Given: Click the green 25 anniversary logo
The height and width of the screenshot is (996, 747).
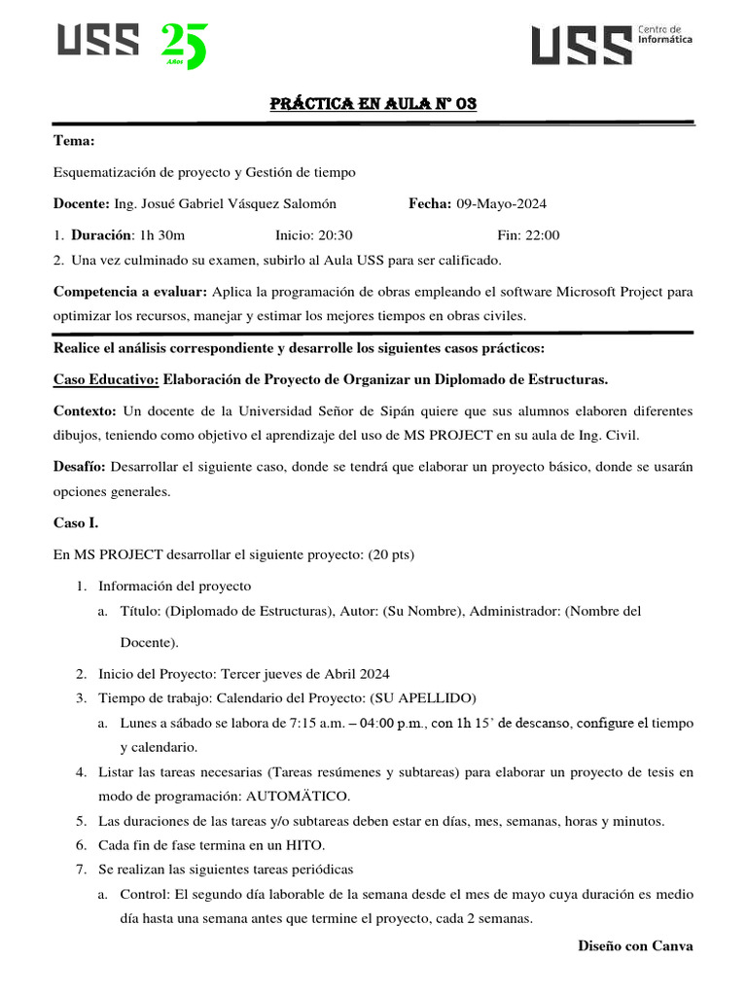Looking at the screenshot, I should coord(184,46).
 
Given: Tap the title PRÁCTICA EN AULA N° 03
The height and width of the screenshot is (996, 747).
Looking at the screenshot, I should coord(373,104).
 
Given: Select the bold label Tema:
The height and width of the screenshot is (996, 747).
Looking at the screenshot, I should coord(74,142).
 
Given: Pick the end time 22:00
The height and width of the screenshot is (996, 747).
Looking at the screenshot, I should coord(541,234).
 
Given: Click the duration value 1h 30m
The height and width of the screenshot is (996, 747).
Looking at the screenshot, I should coord(162,234).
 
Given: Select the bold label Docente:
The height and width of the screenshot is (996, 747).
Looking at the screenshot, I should coord(81,203).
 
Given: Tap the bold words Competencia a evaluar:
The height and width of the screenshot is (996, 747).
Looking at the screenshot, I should coord(129,292).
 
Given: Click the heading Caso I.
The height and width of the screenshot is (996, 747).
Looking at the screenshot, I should coord(75,523).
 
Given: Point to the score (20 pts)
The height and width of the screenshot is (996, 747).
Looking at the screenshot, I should coord(390,554).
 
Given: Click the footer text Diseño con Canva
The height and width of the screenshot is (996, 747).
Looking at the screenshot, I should coord(635,944).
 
